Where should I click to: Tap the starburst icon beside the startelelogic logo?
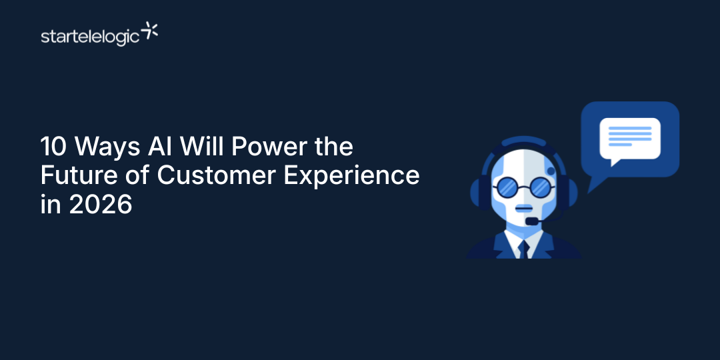click(x=151, y=31)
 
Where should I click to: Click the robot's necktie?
click(x=523, y=248)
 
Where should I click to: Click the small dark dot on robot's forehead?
click(x=551, y=171)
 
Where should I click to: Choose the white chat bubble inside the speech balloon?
click(x=629, y=139)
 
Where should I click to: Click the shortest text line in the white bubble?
click(x=620, y=145)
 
